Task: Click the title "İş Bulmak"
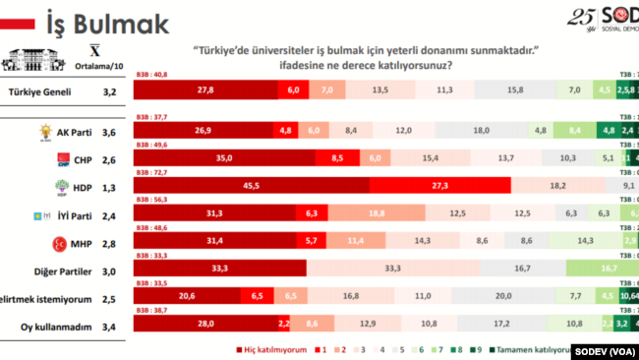click(x=107, y=23)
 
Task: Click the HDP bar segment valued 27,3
click(x=439, y=185)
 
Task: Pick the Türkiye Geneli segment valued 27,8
click(x=205, y=90)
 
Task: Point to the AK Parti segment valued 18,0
click(x=482, y=130)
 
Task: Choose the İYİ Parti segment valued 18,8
click(x=376, y=213)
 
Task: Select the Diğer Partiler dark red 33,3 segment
click(x=220, y=269)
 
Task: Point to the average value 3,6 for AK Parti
click(x=109, y=131)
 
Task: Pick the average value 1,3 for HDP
click(x=109, y=186)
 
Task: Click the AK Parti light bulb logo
click(x=44, y=130)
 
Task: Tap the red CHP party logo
click(x=63, y=158)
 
